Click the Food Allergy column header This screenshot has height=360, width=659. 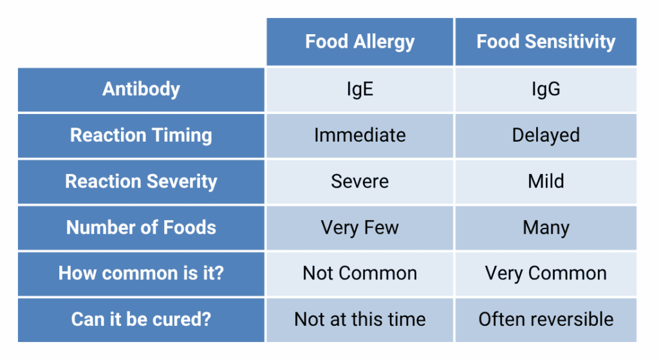(360, 42)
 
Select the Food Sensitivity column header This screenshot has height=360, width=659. (546, 42)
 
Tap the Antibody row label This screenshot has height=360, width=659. (141, 90)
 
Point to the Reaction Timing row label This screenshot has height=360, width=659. (141, 135)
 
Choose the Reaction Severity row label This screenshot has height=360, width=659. (141, 182)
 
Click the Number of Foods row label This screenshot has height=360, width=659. (141, 227)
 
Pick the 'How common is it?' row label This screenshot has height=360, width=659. (141, 273)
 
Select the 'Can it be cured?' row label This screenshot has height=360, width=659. (141, 319)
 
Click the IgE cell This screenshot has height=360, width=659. (360, 90)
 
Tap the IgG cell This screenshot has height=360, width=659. (546, 90)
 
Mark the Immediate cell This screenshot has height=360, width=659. (360, 135)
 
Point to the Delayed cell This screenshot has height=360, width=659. (546, 135)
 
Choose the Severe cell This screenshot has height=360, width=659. (360, 182)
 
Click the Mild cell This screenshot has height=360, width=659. (546, 182)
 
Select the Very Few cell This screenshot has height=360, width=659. (360, 227)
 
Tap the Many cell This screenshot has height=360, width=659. (546, 227)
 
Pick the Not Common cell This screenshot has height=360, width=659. (360, 273)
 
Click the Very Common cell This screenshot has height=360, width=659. (546, 273)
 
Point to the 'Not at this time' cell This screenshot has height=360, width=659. (360, 319)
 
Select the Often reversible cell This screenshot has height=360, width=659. (546, 319)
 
